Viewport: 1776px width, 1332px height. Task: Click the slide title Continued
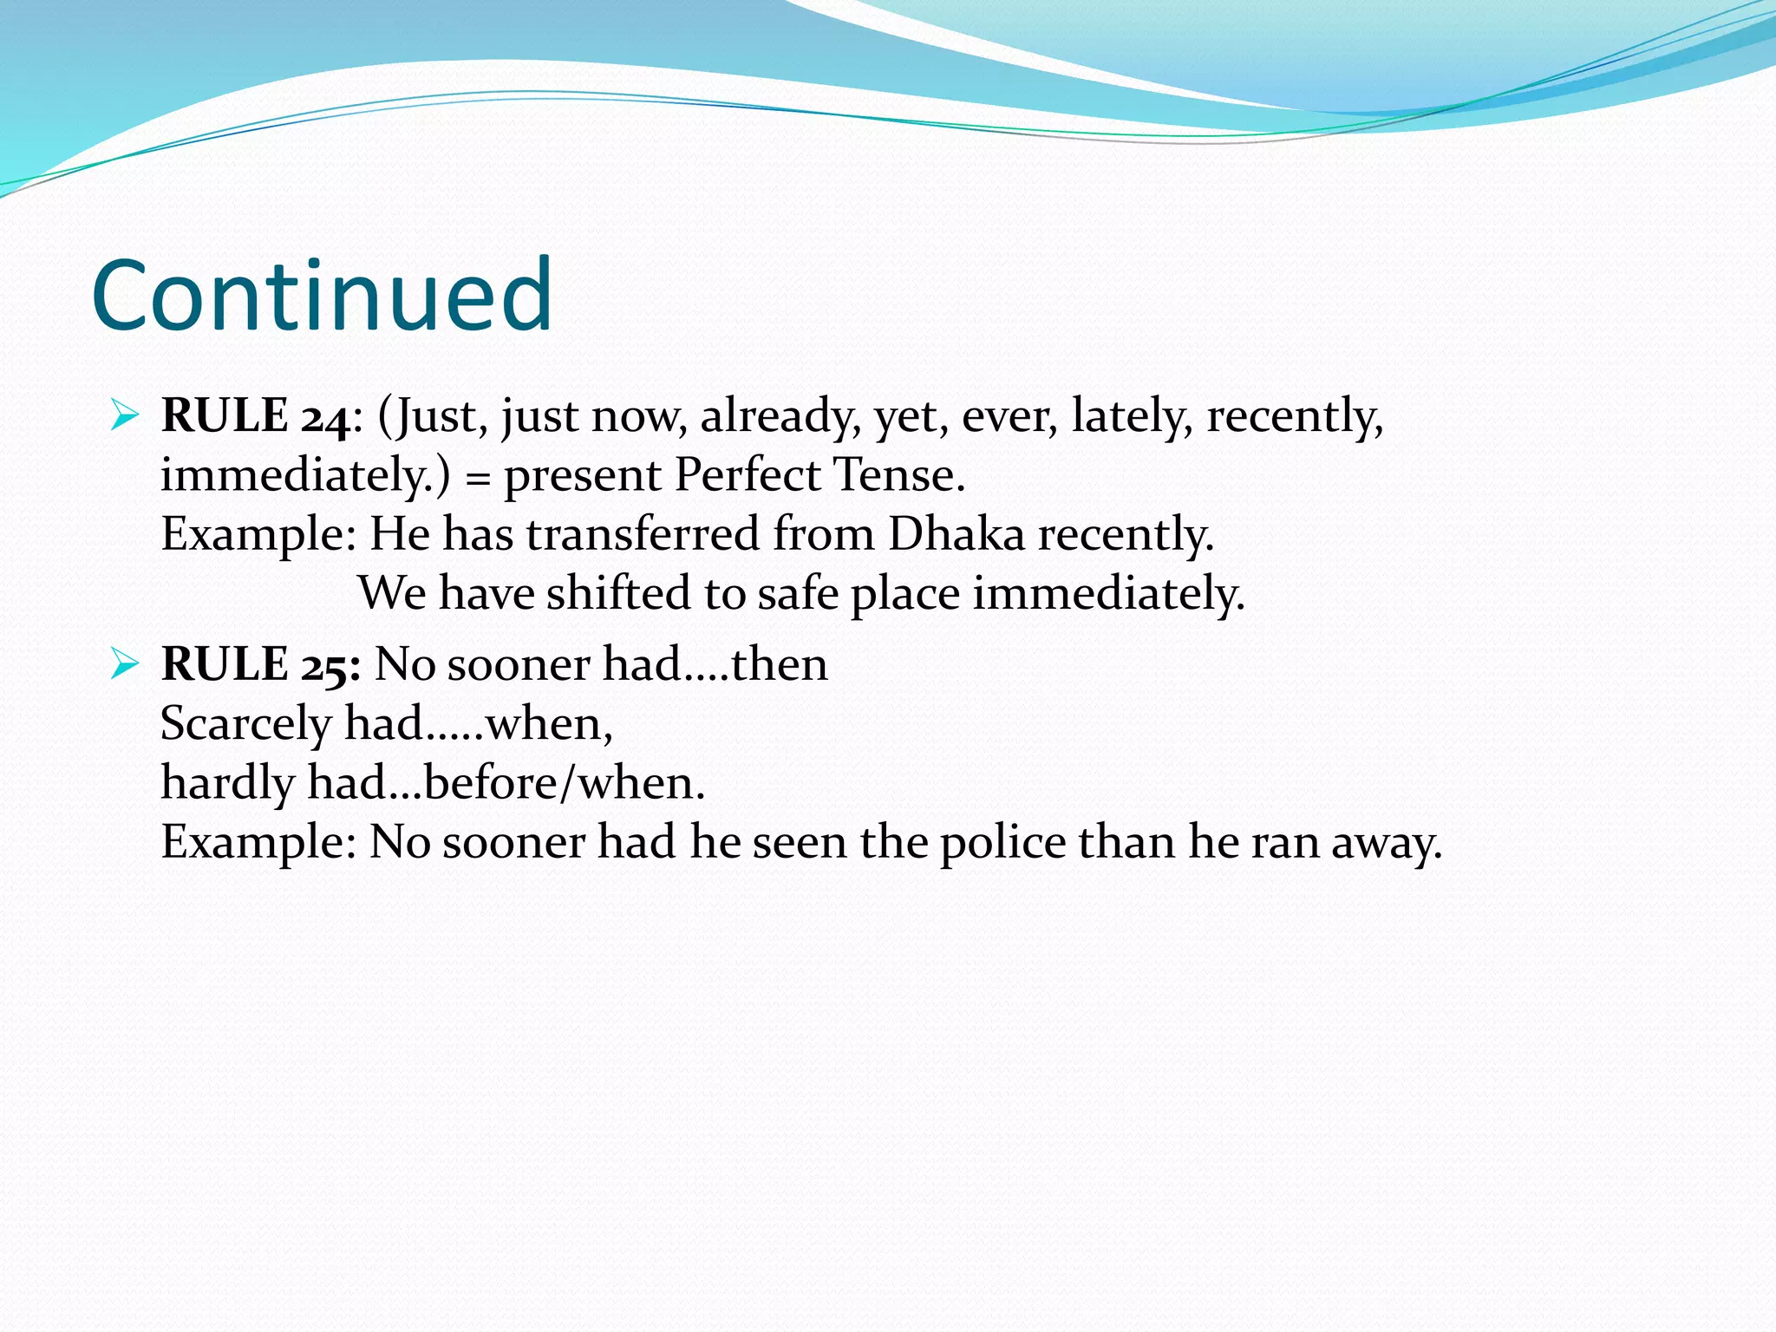pyautogui.click(x=322, y=296)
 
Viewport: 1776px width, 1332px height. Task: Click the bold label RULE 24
pyautogui.click(x=255, y=416)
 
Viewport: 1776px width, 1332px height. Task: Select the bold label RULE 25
pyautogui.click(x=260, y=665)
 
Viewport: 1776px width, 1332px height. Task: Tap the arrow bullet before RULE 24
pyautogui.click(x=125, y=417)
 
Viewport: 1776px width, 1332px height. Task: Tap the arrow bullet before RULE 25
pyautogui.click(x=125, y=666)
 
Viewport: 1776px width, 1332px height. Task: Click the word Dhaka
pyautogui.click(x=957, y=534)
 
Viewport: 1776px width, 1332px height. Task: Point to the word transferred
pyautogui.click(x=643, y=534)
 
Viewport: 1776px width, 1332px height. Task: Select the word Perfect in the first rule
pyautogui.click(x=748, y=475)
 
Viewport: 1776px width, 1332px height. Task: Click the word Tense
pyautogui.click(x=898, y=475)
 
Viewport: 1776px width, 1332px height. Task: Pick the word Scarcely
pyautogui.click(x=245, y=724)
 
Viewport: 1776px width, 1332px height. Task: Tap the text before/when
pyautogui.click(x=564, y=783)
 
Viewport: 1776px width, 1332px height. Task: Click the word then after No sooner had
pyautogui.click(x=779, y=665)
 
